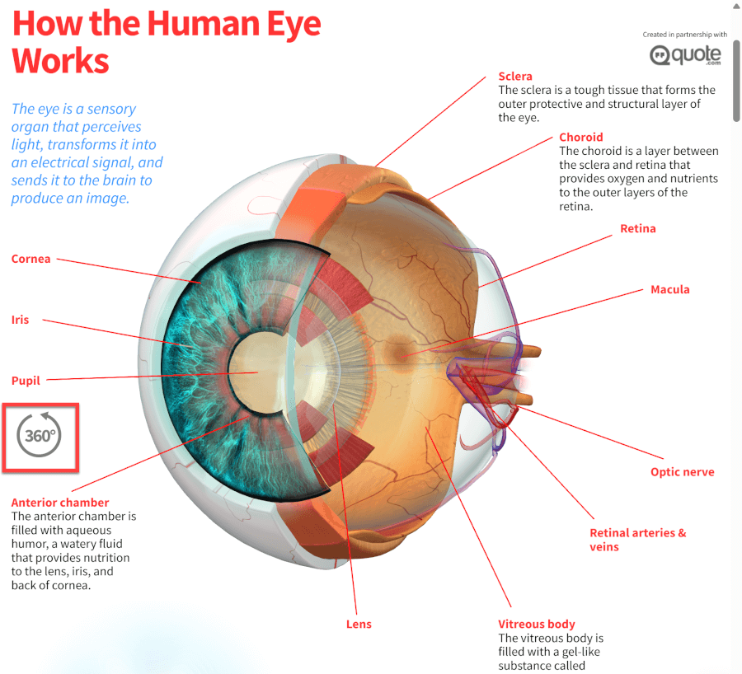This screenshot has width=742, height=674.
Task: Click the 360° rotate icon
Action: pyautogui.click(x=40, y=435)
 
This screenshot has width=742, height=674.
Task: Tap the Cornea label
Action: pyautogui.click(x=31, y=260)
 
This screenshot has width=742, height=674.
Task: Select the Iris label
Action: pyautogui.click(x=21, y=320)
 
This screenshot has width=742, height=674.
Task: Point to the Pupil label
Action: pyautogui.click(x=26, y=381)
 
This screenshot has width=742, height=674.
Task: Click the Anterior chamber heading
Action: pyautogui.click(x=60, y=503)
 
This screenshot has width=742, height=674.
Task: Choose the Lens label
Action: pyautogui.click(x=359, y=625)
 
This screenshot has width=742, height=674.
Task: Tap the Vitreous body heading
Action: pyautogui.click(x=537, y=625)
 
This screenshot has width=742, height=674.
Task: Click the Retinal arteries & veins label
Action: pyautogui.click(x=637, y=540)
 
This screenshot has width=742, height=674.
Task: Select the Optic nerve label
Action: pyautogui.click(x=683, y=472)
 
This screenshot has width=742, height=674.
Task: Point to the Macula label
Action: pyautogui.click(x=670, y=289)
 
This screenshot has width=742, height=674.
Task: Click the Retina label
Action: pyautogui.click(x=638, y=228)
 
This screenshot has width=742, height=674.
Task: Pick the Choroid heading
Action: pyautogui.click(x=581, y=137)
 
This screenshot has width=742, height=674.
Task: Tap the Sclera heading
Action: pyautogui.click(x=515, y=76)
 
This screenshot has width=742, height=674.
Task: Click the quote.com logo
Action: pyautogui.click(x=685, y=55)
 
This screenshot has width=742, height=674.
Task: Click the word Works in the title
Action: pyautogui.click(x=60, y=61)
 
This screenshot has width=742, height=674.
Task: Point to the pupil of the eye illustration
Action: pyautogui.click(x=258, y=372)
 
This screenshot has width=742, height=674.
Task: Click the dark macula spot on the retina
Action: pyautogui.click(x=399, y=350)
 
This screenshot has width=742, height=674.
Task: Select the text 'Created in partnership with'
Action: pyautogui.click(x=685, y=35)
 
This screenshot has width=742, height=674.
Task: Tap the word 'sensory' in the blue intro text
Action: pyautogui.click(x=111, y=110)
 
